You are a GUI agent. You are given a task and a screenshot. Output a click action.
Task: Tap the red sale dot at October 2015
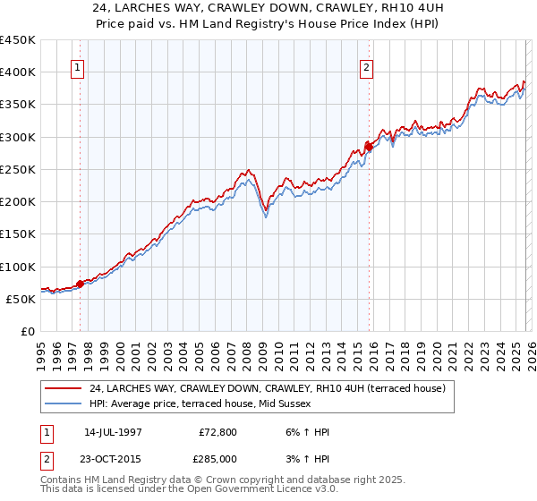pos(369,147)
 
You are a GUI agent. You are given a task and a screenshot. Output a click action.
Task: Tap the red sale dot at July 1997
pos(80,284)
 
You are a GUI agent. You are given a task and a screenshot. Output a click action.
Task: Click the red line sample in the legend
pos(64,388)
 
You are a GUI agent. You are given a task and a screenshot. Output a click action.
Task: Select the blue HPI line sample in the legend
pos(64,404)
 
